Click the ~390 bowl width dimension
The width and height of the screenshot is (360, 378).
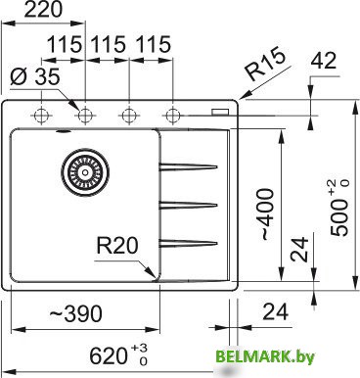72,314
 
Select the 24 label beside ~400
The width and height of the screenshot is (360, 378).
305,249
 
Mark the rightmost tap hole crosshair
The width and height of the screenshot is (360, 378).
173,115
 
